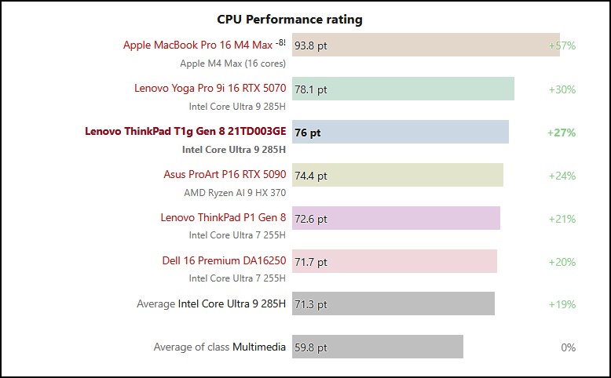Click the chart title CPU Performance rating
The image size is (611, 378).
pos(289,19)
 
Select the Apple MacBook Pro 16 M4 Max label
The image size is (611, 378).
pos(198,45)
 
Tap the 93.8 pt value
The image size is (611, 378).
pos(311,45)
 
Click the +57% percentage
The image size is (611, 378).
pos(562,45)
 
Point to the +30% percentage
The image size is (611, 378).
pos(562,89)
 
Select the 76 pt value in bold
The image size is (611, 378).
pos(308,133)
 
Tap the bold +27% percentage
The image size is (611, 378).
pos(562,133)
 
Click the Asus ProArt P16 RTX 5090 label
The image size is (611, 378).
pos(225,174)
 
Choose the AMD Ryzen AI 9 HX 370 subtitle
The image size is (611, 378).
pos(235,191)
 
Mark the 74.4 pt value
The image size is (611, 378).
pos(311,176)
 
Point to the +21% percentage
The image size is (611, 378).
pos(562,219)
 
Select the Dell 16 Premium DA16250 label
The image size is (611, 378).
pos(224,260)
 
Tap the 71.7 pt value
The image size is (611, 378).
pos(311,262)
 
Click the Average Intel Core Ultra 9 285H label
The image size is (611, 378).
pos(211,303)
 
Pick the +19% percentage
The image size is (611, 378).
pos(562,304)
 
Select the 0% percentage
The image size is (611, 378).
pos(568,347)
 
